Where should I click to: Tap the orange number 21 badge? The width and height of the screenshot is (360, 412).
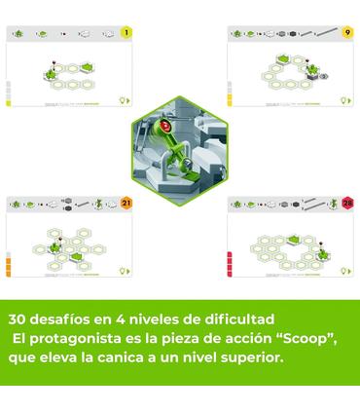pos(126,203)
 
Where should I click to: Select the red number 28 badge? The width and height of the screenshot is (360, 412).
pos(347,203)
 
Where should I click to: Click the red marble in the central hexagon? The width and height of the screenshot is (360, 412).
pos(167,126)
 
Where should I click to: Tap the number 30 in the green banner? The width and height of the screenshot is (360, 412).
pos(18,318)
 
